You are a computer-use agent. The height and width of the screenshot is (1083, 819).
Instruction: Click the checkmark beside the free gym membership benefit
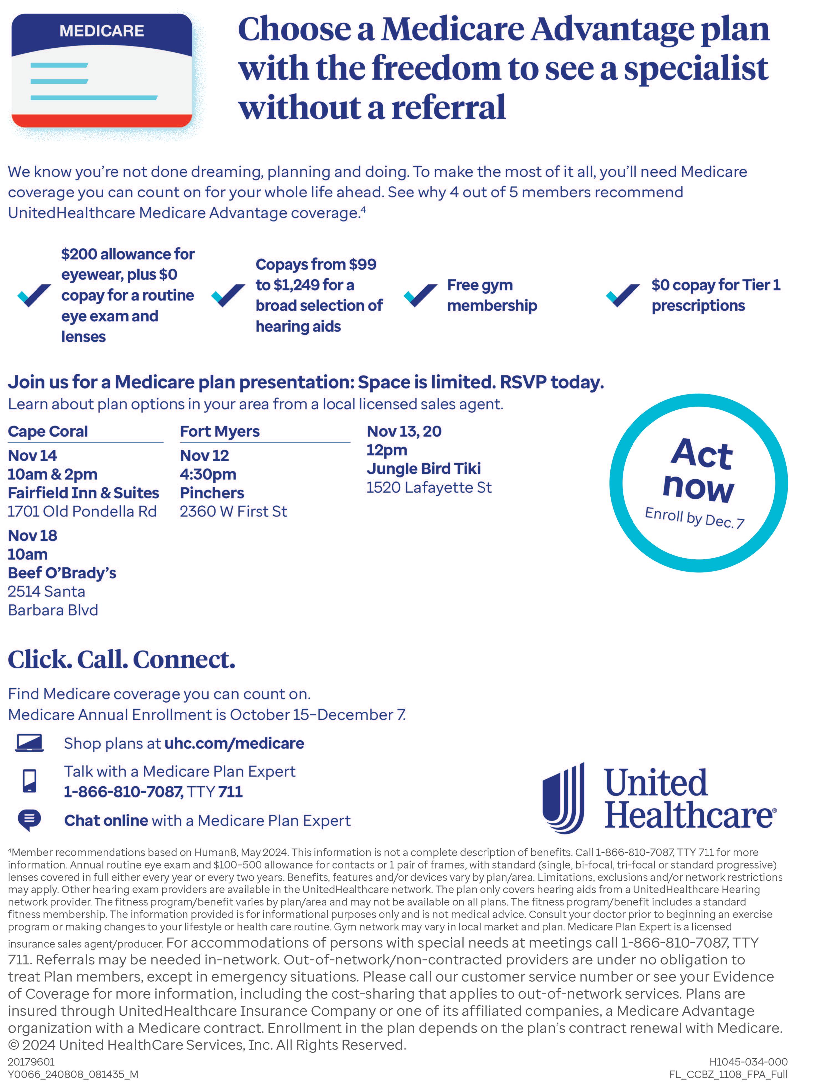click(x=420, y=295)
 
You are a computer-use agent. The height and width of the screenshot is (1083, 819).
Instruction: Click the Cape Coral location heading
click(x=48, y=431)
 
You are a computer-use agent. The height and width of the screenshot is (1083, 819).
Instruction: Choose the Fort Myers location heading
click(x=220, y=431)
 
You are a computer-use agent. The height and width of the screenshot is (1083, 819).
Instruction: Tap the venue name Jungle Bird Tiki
click(x=423, y=468)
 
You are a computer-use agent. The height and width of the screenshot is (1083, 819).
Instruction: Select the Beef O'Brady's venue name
click(x=62, y=573)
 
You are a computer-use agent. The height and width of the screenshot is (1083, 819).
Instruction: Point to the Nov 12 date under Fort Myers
click(x=204, y=455)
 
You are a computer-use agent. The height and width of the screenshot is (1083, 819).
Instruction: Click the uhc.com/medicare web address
click(x=234, y=743)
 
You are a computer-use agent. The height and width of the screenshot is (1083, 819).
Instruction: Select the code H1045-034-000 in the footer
click(x=748, y=1061)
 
